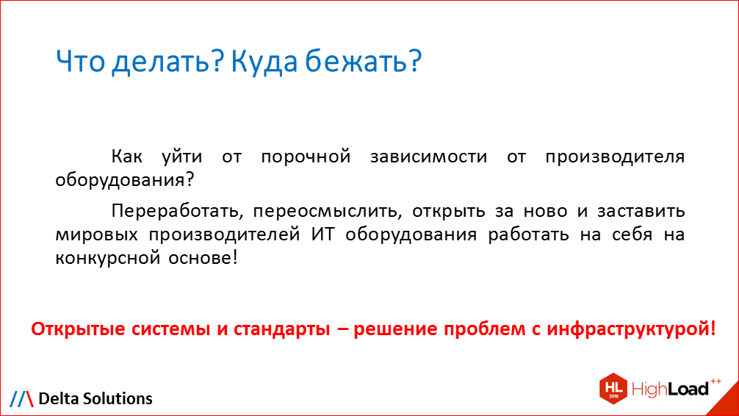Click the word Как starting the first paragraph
coord(129,157)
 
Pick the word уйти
coord(181,157)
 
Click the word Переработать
coord(173,212)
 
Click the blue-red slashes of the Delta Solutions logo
coord(21,398)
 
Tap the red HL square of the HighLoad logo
coord(614,387)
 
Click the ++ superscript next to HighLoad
coord(715,380)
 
